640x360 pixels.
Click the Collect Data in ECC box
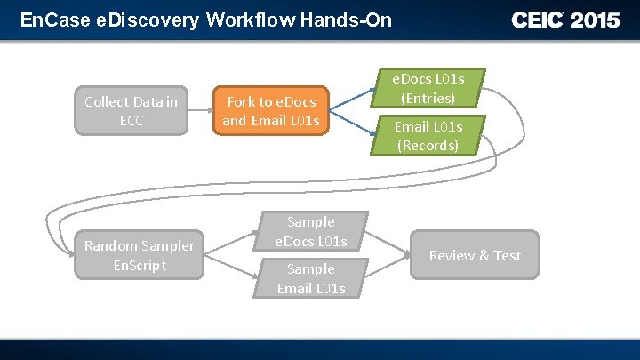coord(132,111)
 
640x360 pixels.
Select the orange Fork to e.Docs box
coord(271,111)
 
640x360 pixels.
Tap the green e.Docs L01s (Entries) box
coord(428,88)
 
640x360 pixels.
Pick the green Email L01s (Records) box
coord(428,136)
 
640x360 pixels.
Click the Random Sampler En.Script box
coord(140,255)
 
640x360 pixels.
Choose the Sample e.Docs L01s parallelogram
coord(310,231)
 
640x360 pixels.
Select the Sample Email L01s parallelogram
coord(310,278)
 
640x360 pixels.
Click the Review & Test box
coord(475,255)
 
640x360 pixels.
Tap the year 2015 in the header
coord(595,20)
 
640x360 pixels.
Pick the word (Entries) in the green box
coord(428,98)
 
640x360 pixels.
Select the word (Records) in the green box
coord(428,146)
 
